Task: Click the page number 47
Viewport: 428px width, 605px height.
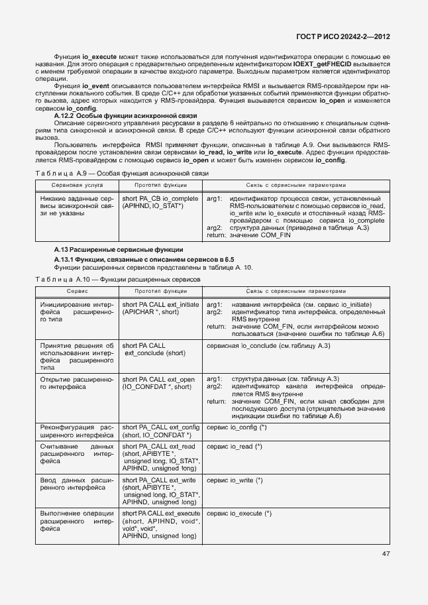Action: point(385,554)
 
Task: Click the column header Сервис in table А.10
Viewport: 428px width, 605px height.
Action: point(78,292)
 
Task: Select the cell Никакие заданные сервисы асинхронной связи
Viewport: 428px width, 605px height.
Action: point(78,206)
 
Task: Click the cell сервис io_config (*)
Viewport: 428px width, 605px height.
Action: point(237,427)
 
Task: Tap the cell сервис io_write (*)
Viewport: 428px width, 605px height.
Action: point(235,480)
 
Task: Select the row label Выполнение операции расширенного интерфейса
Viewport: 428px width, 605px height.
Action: point(78,522)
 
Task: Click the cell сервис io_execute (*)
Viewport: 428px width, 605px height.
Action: point(239,514)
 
